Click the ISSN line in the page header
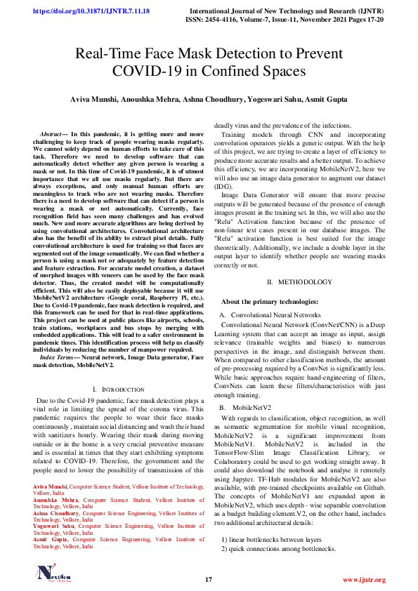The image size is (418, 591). (288, 20)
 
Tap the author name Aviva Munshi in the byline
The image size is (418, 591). (94, 100)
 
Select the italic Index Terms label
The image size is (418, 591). (59, 357)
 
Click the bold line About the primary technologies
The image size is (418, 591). (270, 302)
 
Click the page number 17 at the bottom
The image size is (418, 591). (209, 580)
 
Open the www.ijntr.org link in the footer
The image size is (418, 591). (364, 580)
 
